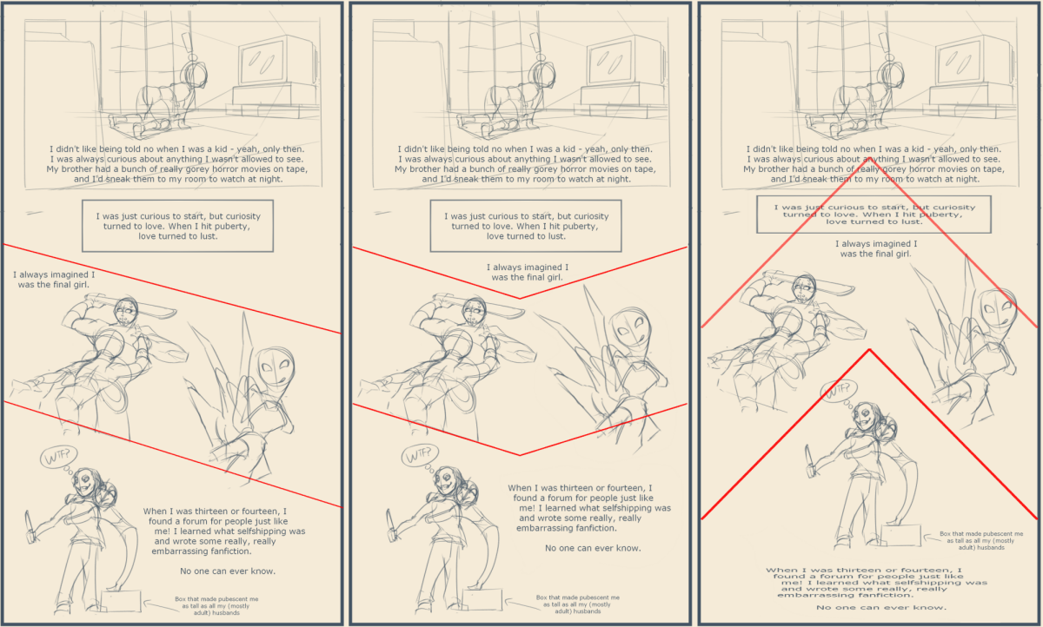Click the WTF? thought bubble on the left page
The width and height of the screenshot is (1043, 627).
[58, 456]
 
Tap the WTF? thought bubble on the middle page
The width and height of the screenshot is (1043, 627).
[420, 455]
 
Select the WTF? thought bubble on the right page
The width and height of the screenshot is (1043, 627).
[839, 391]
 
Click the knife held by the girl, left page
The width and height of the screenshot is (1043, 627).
[30, 526]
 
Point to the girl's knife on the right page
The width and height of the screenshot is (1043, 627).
[811, 461]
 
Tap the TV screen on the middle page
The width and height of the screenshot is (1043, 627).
[609, 61]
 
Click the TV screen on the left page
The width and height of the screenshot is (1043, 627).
[262, 61]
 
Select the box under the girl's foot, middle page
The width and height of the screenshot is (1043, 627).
[482, 600]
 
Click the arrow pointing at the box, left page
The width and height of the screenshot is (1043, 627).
[161, 605]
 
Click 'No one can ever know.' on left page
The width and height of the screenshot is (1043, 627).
[228, 571]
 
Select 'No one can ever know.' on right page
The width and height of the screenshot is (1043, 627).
[881, 608]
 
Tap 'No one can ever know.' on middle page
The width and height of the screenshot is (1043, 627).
[593, 548]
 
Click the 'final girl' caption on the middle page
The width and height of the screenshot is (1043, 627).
[527, 272]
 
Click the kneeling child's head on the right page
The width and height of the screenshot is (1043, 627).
[893, 74]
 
